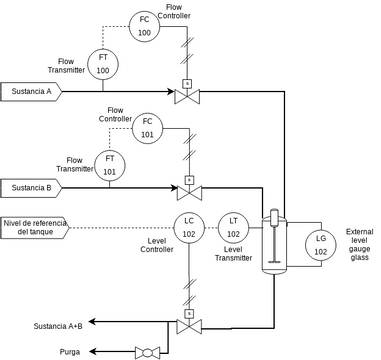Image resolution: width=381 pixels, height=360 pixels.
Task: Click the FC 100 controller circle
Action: [144, 26]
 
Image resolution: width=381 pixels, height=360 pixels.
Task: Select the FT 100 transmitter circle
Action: [102, 64]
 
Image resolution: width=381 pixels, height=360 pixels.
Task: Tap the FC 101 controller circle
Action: [147, 127]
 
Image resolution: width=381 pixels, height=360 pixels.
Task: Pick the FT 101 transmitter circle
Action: [109, 164]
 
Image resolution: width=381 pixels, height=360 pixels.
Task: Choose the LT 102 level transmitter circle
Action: [233, 227]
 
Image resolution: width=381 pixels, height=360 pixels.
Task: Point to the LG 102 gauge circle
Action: [320, 244]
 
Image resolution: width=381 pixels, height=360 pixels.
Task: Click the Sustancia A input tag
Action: [32, 92]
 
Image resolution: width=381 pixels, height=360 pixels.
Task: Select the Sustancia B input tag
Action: [32, 187]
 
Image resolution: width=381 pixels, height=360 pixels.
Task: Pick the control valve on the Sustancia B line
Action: [186, 190]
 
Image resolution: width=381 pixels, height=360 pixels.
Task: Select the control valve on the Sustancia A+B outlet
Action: [186, 324]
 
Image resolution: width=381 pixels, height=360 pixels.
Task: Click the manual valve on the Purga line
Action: [147, 351]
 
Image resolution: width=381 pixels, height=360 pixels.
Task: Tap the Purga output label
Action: [69, 352]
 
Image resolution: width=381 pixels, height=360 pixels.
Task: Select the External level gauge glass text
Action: [359, 245]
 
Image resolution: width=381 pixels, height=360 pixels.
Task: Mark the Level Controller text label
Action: [156, 245]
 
